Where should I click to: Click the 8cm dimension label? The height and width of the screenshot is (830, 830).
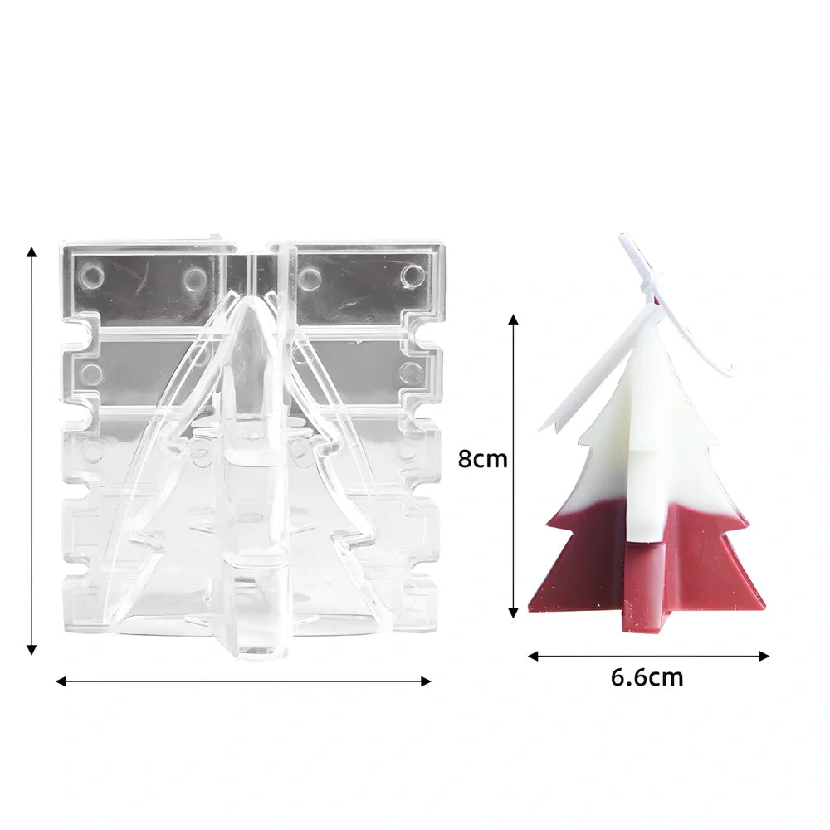482,459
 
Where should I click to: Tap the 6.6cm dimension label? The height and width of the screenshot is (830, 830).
647,677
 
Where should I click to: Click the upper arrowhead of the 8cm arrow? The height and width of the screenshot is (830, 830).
512,319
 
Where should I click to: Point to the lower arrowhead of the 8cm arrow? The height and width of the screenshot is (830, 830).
512,613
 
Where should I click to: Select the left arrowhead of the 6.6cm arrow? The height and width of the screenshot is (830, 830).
534,656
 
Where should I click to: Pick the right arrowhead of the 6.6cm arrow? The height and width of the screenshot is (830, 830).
764,656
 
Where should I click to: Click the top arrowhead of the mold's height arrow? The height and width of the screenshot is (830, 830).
32,252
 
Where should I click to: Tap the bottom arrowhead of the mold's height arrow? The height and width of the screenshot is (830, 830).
32,650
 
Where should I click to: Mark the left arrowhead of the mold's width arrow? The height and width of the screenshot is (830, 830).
61,681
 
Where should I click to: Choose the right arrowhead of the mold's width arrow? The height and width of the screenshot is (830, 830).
426,681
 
